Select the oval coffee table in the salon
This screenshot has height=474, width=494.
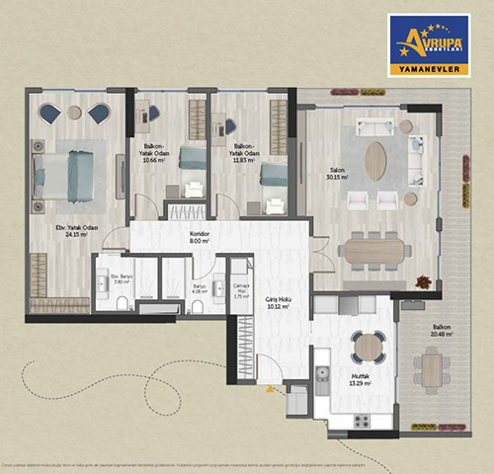click(375, 160)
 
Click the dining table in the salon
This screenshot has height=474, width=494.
click(374, 250)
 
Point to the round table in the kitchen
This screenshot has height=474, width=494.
click(369, 346)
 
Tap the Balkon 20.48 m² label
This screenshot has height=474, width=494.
click(441, 331)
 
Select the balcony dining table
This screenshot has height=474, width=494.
click(431, 368)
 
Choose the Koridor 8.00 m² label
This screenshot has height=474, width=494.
click(202, 237)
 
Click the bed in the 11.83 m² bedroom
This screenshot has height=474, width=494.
click(273, 175)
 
